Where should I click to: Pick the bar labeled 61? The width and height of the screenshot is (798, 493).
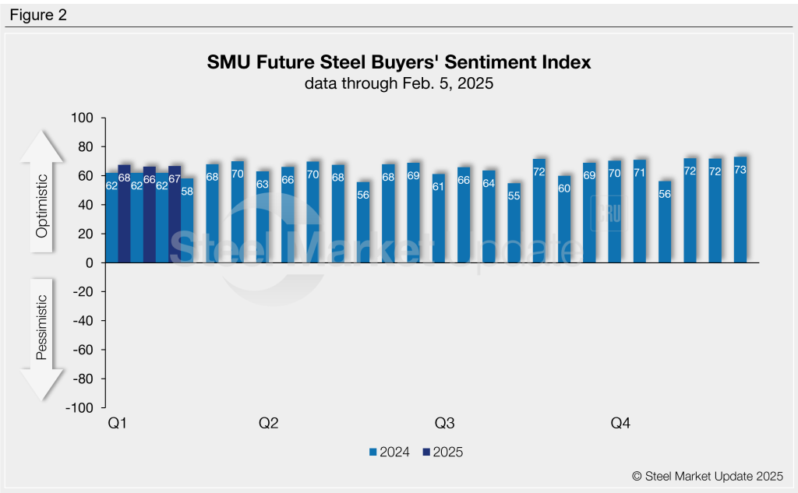438,219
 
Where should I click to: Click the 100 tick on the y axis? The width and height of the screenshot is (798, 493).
82,118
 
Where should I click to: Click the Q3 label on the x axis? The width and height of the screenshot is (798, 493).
444,424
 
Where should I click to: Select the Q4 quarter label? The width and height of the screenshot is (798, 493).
620,424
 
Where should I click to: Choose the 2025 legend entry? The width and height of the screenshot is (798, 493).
442,452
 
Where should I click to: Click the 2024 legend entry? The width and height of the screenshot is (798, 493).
389,452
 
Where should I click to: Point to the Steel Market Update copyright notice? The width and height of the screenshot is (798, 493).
708,476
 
